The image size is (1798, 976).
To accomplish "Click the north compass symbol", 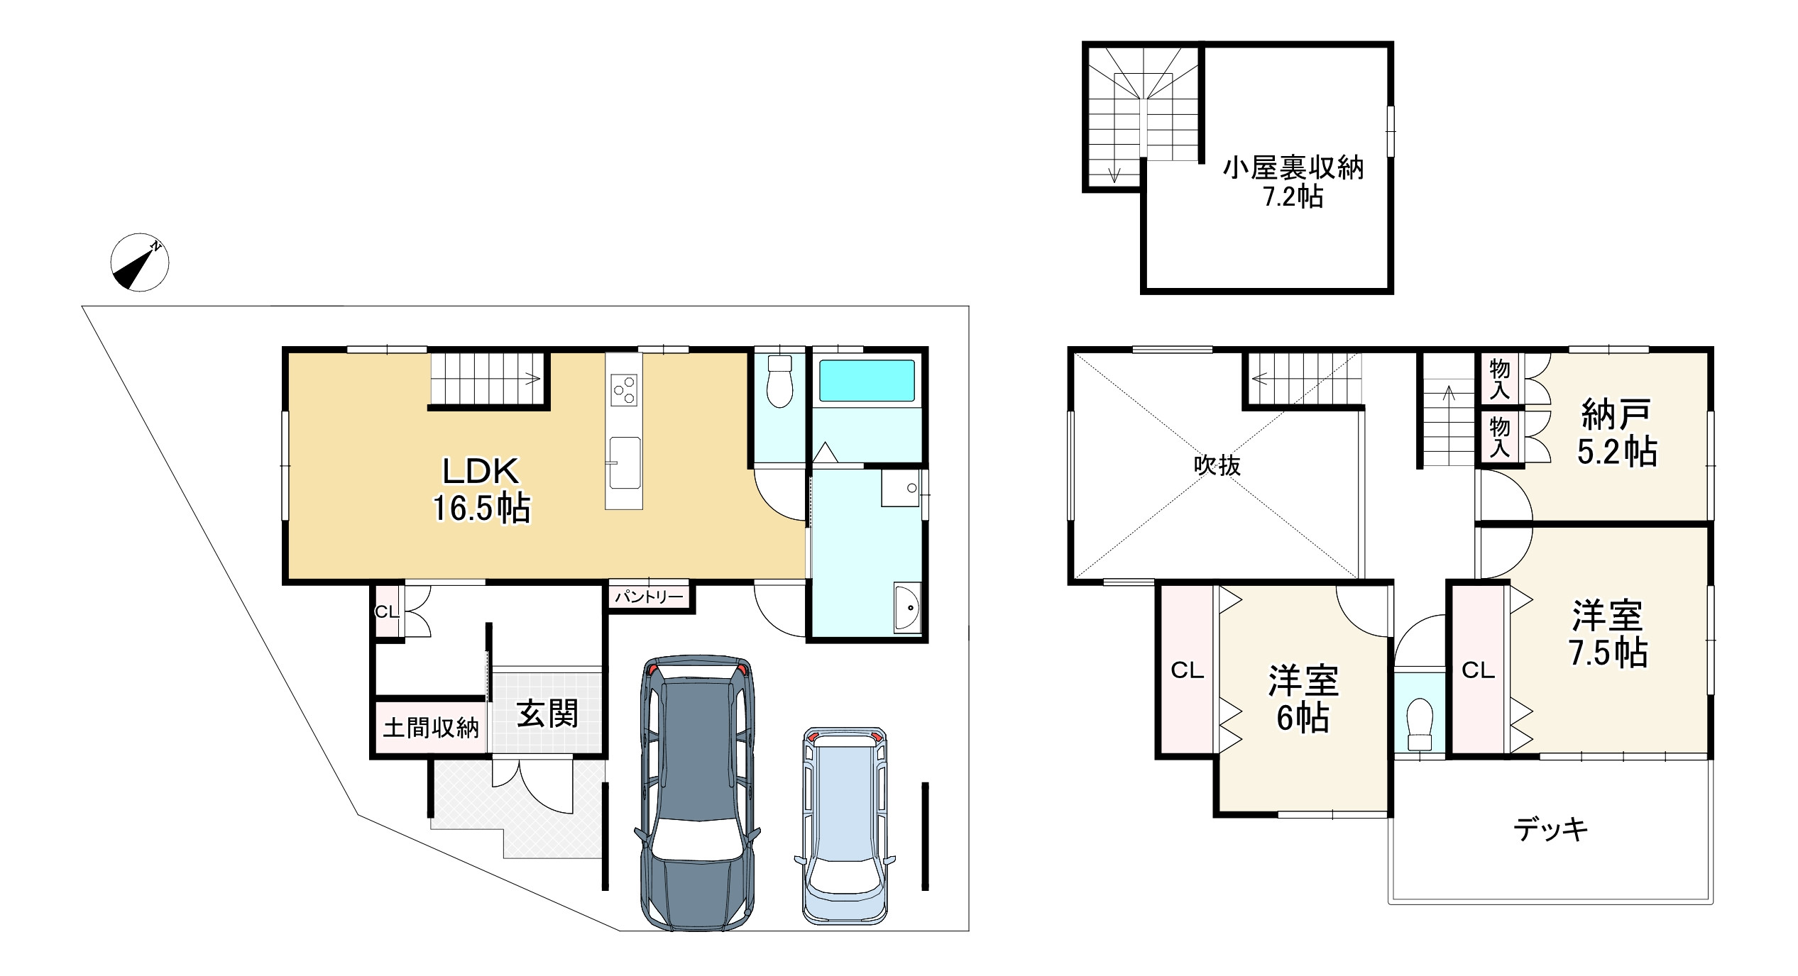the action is [140, 262].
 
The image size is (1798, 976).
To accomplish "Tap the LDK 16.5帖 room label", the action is [482, 489].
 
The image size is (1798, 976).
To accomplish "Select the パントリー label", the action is [649, 597].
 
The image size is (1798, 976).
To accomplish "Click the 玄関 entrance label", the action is [547, 714].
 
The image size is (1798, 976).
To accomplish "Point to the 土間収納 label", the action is [431, 728].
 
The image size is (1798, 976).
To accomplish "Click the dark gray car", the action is [697, 792].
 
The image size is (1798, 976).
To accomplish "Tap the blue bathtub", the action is [867, 381].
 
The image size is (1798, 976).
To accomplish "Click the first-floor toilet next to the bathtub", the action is [780, 381].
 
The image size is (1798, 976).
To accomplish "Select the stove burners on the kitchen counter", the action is [624, 389].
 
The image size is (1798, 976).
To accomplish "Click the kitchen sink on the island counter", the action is [624, 462].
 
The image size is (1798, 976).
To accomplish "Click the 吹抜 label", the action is [1217, 465].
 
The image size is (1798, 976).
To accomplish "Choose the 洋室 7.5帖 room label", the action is [1608, 634].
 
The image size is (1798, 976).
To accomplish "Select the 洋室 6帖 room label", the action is [1303, 699].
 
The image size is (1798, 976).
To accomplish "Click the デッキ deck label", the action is [1550, 829].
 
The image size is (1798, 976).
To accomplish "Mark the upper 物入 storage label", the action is [1500, 378].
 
